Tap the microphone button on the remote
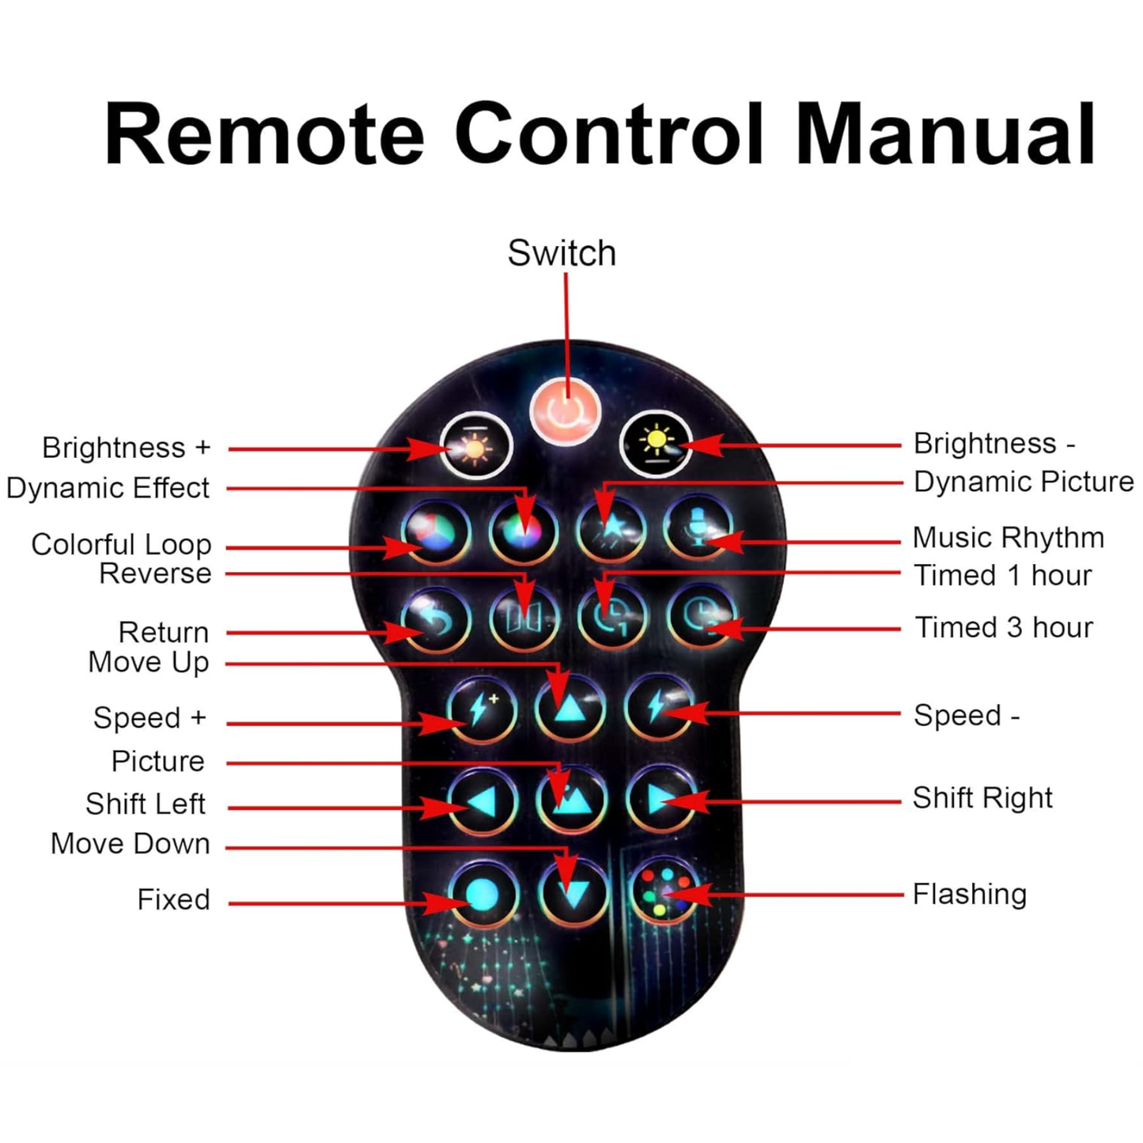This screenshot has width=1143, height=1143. pyautogui.click(x=698, y=528)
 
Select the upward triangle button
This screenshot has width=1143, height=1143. pyautogui.click(x=570, y=708)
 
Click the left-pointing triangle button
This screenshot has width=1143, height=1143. pyautogui.click(x=483, y=802)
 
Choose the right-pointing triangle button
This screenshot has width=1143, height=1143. pyautogui.click(x=660, y=800)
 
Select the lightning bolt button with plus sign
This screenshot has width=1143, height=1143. pyautogui.click(x=483, y=710)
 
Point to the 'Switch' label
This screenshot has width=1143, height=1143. pyautogui.click(x=562, y=253)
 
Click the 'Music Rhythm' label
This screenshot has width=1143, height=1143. pyautogui.click(x=1008, y=538)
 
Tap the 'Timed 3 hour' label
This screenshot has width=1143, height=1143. pyautogui.click(x=1004, y=627)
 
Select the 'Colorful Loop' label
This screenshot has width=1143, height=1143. pyautogui.click(x=121, y=544)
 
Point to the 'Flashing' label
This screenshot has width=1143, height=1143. pyautogui.click(x=969, y=894)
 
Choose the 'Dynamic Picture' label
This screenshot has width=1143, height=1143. pyautogui.click(x=1024, y=482)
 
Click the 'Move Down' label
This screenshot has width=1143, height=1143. pyautogui.click(x=131, y=843)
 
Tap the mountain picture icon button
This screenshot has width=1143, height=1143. pyautogui.click(x=571, y=800)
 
